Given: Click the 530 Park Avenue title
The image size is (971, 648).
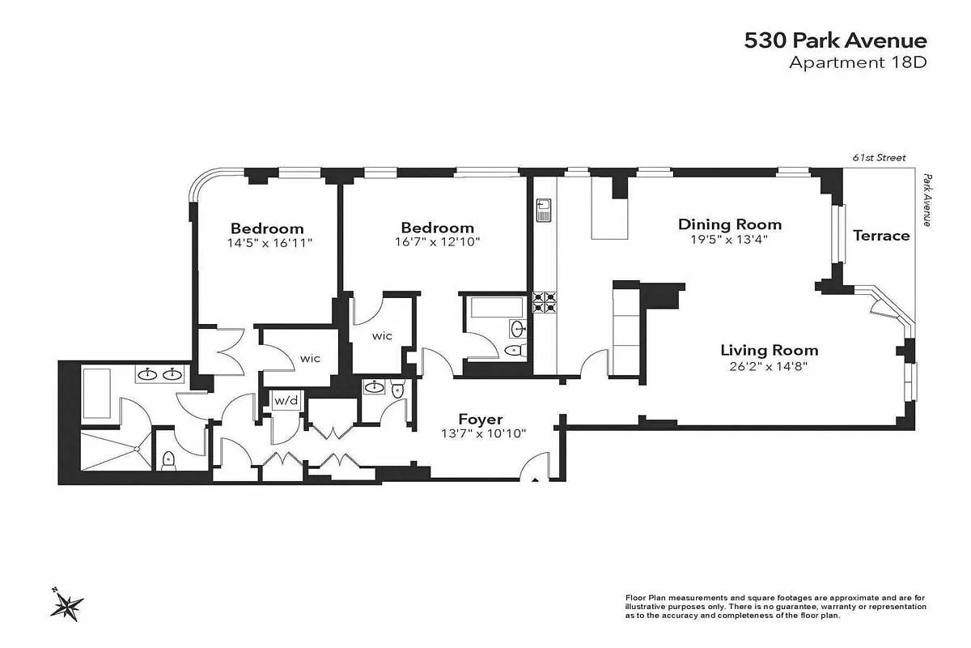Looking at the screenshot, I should tap(835, 40).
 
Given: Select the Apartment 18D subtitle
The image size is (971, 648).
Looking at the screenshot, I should tap(858, 63).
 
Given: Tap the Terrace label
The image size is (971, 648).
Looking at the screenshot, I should tap(881, 236).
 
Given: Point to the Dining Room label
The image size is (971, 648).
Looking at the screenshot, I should tap(730, 224).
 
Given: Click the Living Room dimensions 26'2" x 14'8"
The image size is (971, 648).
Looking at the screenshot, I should tap(769, 365).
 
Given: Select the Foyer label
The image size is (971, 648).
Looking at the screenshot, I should tap(481, 419).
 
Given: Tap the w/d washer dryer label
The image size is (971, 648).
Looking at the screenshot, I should tap(285, 401).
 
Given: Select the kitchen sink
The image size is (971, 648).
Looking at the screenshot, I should tap(543, 211).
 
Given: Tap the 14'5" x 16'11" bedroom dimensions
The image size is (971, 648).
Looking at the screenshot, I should tap(267, 242).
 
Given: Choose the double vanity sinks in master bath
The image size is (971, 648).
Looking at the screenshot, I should tap(159, 374).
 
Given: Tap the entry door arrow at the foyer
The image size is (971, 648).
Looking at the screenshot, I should tap(534, 480).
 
